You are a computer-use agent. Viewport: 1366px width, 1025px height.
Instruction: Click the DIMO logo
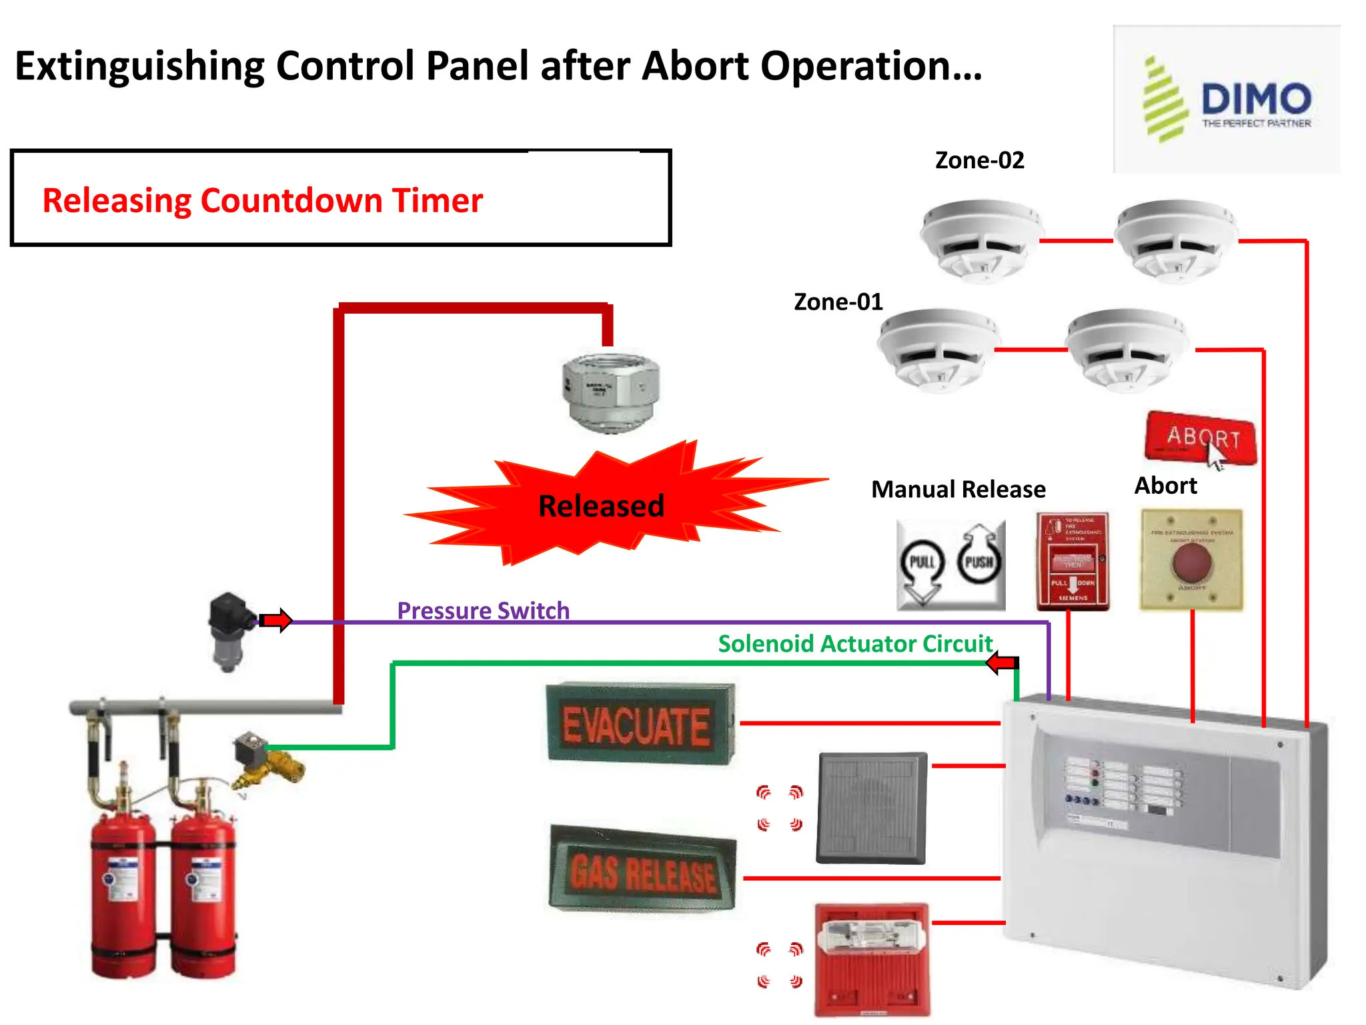click(1227, 100)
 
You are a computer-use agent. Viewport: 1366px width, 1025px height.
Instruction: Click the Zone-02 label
click(979, 161)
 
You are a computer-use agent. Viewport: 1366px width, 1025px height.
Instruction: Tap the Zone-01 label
click(838, 302)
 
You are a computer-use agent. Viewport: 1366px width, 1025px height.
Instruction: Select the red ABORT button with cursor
click(1201, 438)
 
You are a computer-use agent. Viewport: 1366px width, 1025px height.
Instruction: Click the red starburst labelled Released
click(600, 505)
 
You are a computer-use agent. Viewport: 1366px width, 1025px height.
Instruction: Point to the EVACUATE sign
click(639, 725)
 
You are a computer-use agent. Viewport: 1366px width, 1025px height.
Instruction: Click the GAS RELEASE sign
click(642, 871)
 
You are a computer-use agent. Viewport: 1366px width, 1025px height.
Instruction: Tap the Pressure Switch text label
click(483, 611)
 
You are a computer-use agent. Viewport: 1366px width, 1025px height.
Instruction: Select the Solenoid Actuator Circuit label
click(855, 644)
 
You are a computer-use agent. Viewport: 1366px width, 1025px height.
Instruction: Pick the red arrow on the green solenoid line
click(1002, 663)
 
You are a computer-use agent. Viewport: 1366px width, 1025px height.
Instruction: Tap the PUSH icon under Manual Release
click(978, 557)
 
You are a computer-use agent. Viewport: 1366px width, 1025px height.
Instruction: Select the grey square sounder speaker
click(872, 808)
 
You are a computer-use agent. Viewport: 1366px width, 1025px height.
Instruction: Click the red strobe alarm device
click(872, 959)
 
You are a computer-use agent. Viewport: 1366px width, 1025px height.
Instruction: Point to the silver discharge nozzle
click(610, 392)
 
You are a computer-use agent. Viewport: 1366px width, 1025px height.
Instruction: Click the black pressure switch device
click(229, 631)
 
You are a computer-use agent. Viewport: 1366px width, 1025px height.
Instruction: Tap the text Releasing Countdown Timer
click(262, 201)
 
